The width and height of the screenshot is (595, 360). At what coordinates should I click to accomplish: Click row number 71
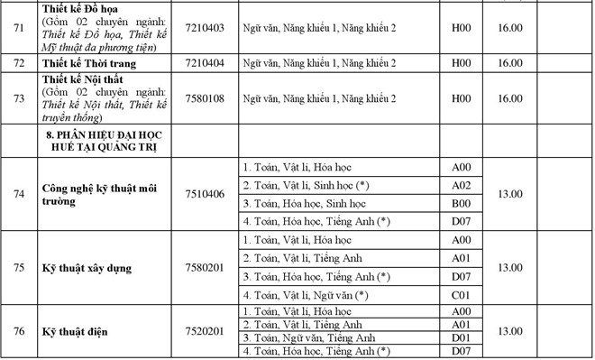coord(18,28)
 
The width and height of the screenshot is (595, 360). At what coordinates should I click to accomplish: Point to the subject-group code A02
coord(461,185)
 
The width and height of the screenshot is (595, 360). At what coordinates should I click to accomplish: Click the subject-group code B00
coord(461,203)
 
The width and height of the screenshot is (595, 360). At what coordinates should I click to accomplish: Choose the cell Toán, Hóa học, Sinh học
coord(307,203)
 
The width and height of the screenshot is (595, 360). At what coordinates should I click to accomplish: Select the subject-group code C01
coord(461,295)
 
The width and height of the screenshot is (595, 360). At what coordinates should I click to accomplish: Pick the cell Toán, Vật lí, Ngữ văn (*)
coord(307,295)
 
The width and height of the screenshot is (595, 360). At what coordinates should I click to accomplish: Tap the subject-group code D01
coord(461,337)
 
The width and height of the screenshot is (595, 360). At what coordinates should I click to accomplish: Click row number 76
coord(18,331)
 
